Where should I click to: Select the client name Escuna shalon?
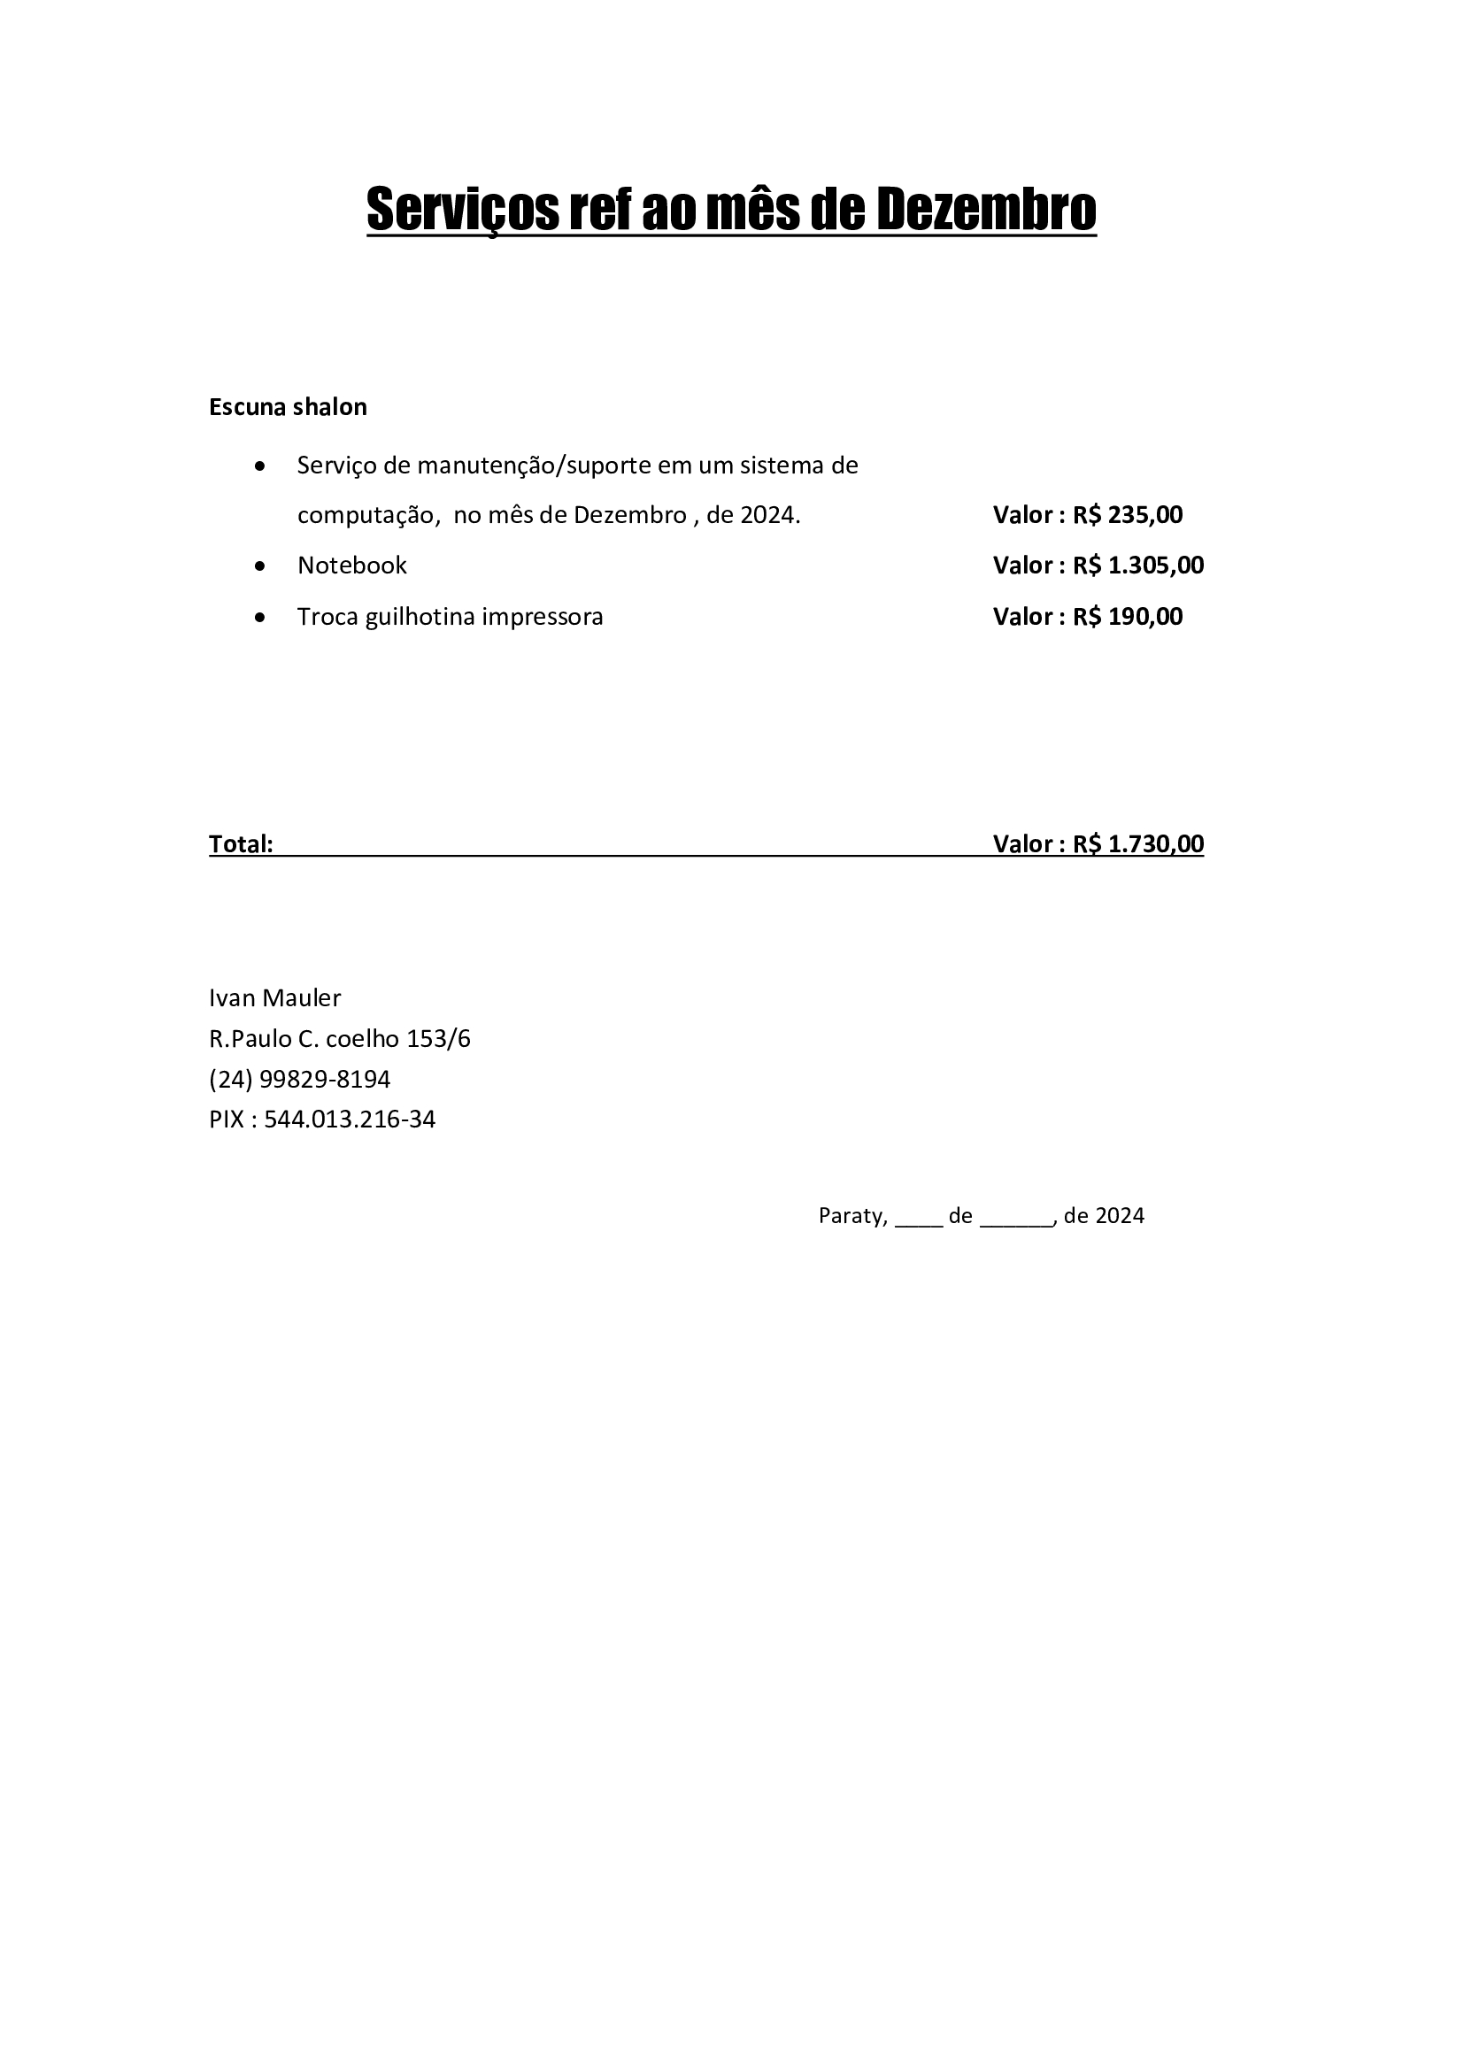(x=288, y=406)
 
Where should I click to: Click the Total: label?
(x=241, y=844)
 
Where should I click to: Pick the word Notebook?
(x=351, y=566)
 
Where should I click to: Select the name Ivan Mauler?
(x=274, y=998)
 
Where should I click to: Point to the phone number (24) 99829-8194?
(x=299, y=1079)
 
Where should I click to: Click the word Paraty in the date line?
(x=851, y=1216)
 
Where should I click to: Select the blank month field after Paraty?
(x=1016, y=1219)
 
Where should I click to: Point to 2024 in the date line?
(x=1121, y=1216)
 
